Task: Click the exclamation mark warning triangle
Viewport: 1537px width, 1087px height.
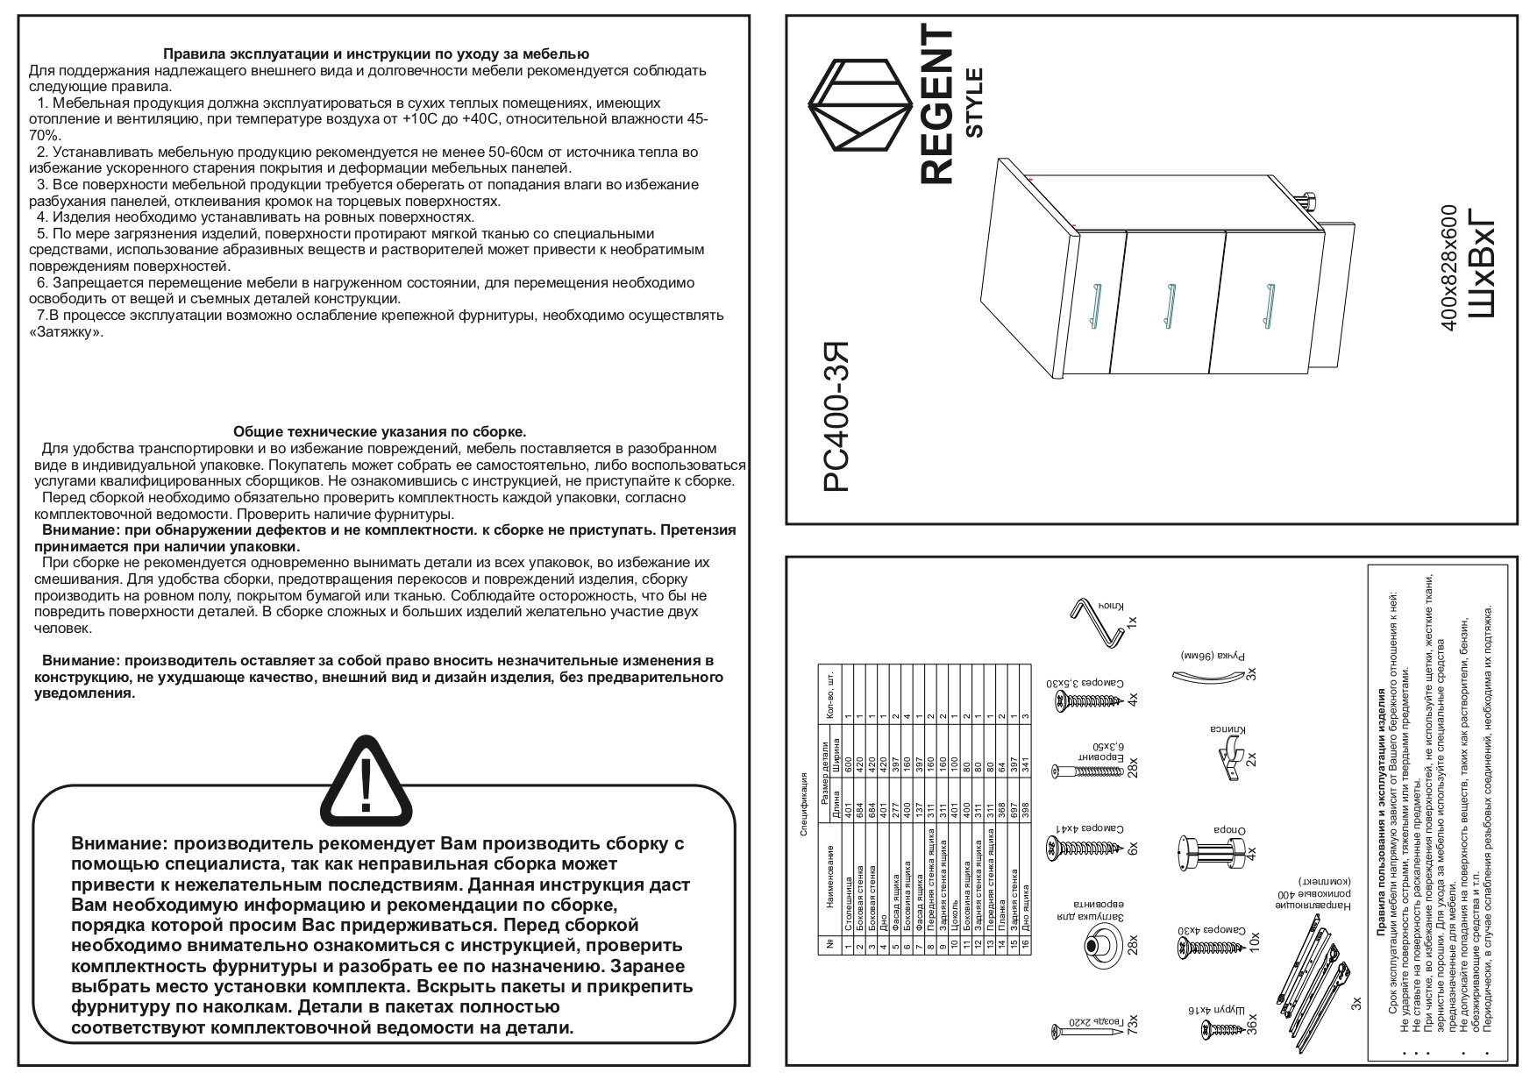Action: click(366, 785)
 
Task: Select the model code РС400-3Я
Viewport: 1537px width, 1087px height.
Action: click(839, 419)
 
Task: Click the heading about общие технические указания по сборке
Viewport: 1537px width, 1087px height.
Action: click(380, 431)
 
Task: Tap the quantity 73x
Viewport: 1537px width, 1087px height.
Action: click(1132, 1027)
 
